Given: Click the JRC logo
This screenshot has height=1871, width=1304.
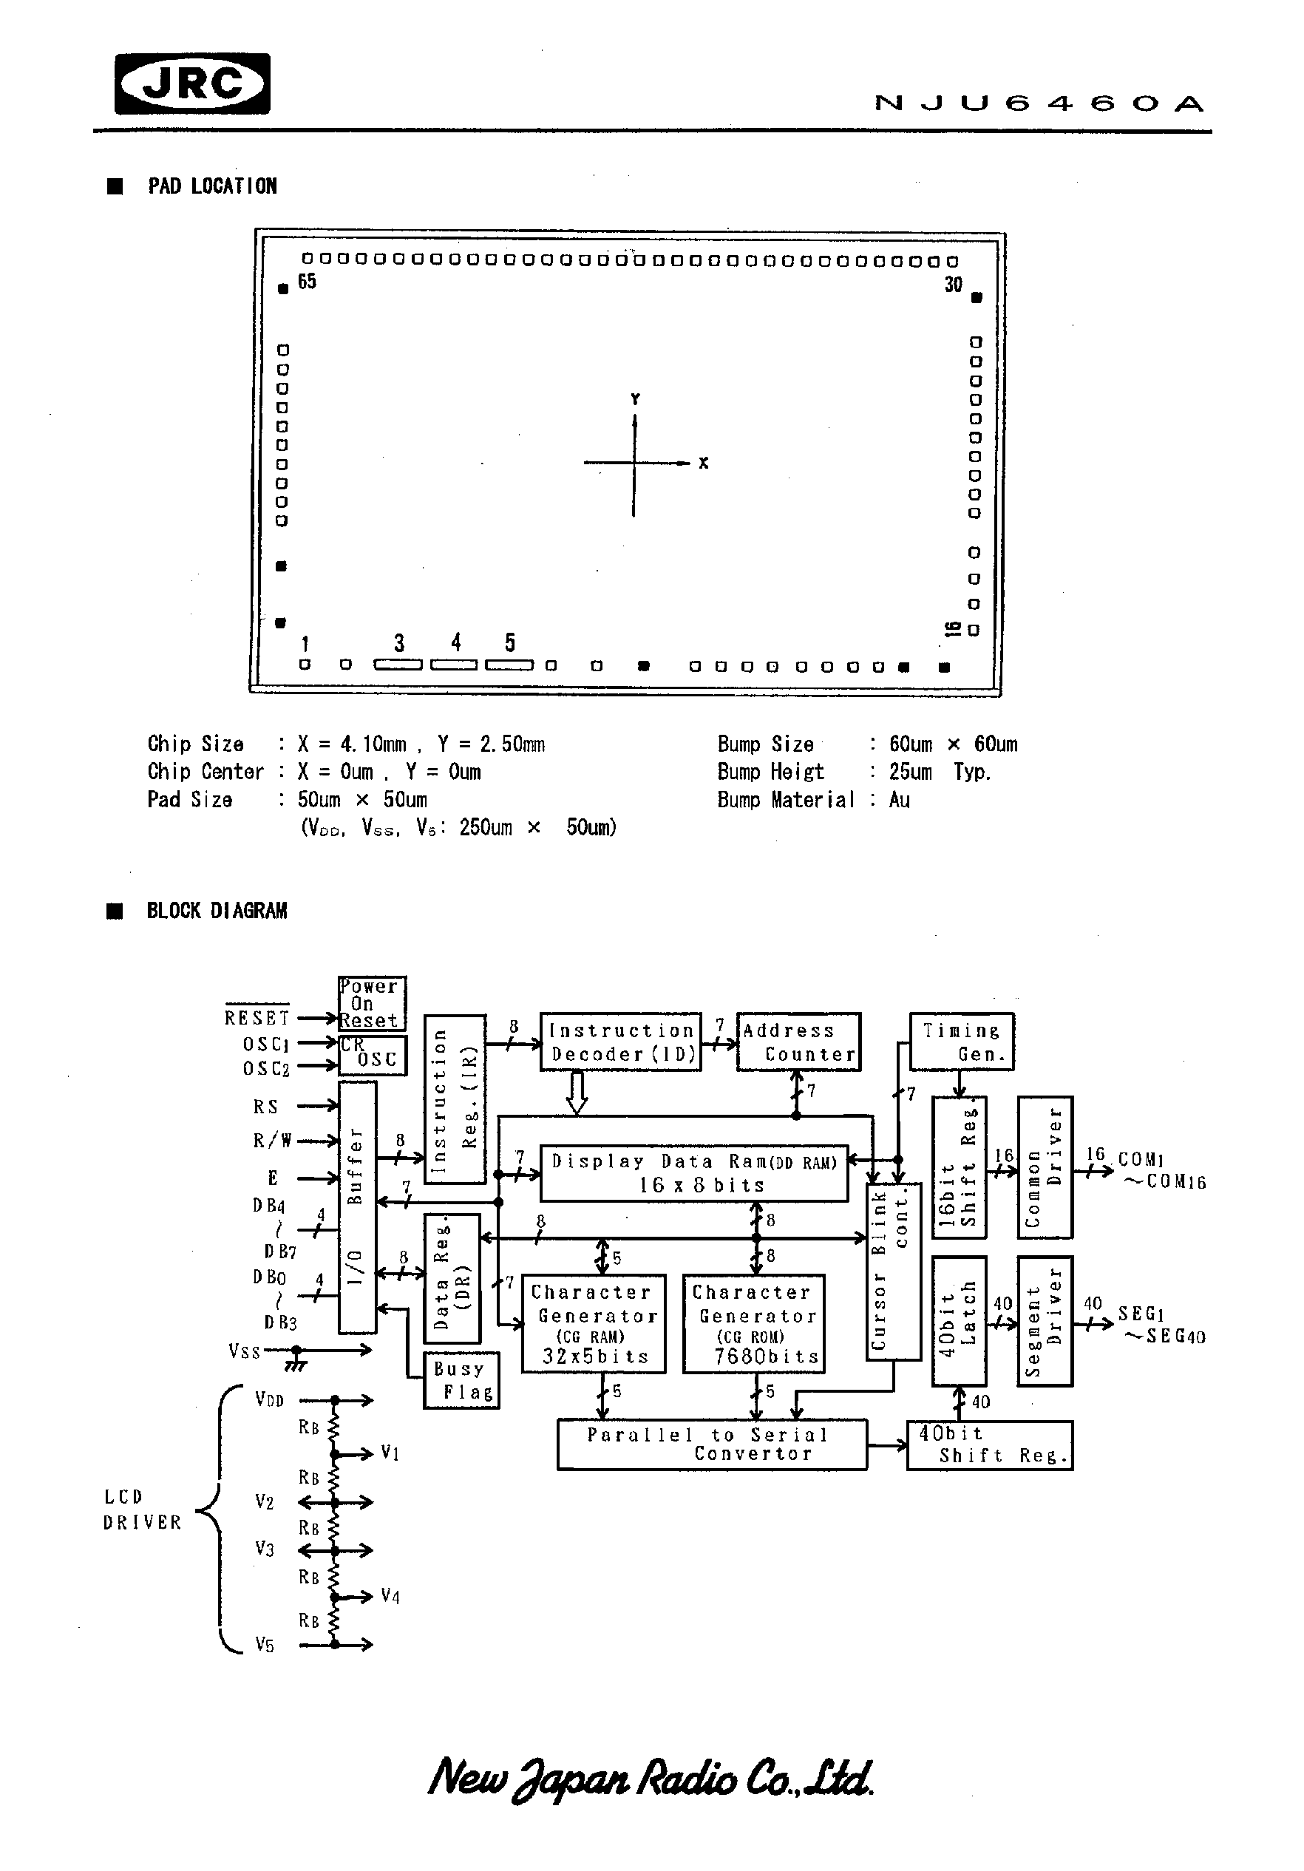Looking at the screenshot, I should tap(192, 83).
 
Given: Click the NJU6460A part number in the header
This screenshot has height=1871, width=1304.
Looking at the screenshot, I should tap(1039, 103).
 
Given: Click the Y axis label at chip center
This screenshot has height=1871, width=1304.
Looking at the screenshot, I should tap(635, 399).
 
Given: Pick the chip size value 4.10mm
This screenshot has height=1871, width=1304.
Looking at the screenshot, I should tap(373, 744).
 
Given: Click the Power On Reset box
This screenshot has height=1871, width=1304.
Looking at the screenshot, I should tap(372, 1003).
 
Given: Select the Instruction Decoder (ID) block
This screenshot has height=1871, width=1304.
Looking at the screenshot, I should tap(620, 1042).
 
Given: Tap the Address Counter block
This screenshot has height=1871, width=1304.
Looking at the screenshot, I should tap(798, 1042).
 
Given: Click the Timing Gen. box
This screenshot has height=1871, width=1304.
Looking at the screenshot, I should tap(961, 1042).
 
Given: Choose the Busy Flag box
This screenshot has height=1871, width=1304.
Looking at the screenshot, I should tap(461, 1380).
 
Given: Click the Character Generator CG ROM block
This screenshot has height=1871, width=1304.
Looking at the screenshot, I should tap(753, 1323).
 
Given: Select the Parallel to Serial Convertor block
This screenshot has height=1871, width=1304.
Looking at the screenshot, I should tap(711, 1444).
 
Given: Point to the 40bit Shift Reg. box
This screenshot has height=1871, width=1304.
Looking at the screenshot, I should tap(988, 1444).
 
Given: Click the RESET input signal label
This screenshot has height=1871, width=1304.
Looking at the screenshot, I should tap(257, 1018).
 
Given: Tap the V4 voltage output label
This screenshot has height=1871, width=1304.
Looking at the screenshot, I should tap(390, 1597).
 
